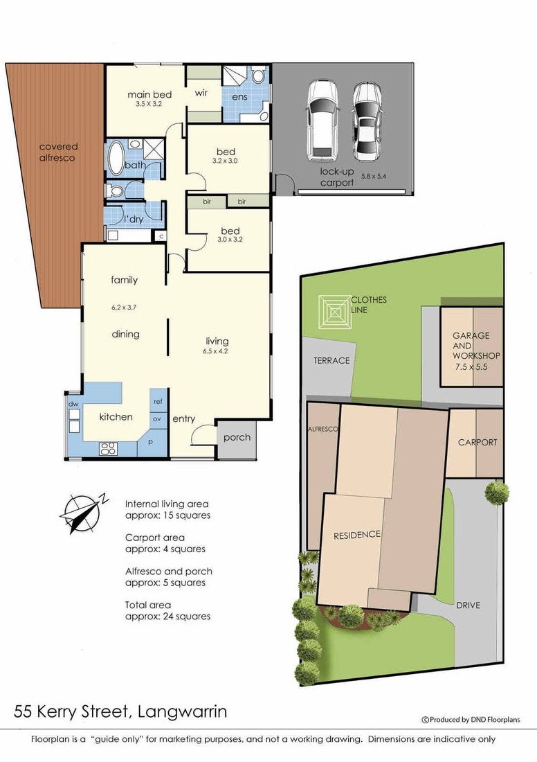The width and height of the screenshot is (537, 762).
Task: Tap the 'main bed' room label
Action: click(x=149, y=94)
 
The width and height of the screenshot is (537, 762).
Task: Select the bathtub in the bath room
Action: click(x=116, y=157)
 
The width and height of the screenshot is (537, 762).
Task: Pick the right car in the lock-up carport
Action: click(x=367, y=121)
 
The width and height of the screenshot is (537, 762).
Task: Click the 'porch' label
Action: click(x=237, y=437)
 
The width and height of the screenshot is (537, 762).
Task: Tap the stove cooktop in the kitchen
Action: click(x=107, y=449)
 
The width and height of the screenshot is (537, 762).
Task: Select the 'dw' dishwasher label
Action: click(x=73, y=404)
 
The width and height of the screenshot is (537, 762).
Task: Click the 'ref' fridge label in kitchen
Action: click(x=158, y=401)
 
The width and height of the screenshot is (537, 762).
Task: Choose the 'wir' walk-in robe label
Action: click(x=201, y=92)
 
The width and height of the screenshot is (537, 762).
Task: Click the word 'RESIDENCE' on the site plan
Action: click(x=357, y=535)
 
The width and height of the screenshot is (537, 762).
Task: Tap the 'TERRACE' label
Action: click(x=331, y=361)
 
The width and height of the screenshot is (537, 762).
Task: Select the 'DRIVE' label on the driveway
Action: click(x=468, y=605)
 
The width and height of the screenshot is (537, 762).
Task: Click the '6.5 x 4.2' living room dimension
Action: click(x=217, y=351)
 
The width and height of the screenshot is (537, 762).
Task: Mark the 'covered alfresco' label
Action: click(x=57, y=152)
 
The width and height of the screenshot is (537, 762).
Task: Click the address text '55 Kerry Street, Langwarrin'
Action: click(x=120, y=712)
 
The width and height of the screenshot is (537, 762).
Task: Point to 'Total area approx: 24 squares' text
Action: click(x=168, y=610)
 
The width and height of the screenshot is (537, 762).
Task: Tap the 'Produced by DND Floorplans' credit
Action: click(x=471, y=720)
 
